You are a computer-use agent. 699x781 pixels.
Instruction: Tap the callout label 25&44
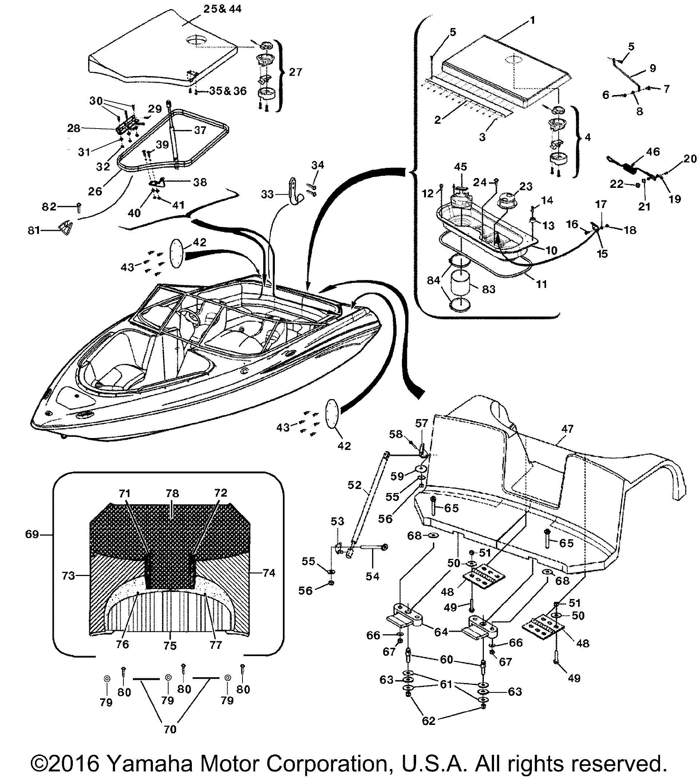coord(222,9)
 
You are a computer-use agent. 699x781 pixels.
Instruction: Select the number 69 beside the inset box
coord(32,535)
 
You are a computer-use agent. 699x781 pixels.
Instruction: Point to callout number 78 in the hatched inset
coord(173,493)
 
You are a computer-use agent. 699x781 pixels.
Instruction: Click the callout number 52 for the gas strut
coord(355,485)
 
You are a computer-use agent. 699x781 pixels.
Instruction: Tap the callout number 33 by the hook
coord(267,194)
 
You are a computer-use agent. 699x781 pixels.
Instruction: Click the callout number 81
coord(34,230)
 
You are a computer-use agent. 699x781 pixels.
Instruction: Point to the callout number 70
coord(170,729)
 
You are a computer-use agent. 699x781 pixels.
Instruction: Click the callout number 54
coord(372,576)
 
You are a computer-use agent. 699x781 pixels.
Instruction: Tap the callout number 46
coord(653,152)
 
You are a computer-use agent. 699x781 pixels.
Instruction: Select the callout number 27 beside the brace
coord(295,72)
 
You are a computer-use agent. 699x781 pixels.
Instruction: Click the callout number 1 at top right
coord(532,20)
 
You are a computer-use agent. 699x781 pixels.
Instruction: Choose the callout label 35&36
coord(228,91)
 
